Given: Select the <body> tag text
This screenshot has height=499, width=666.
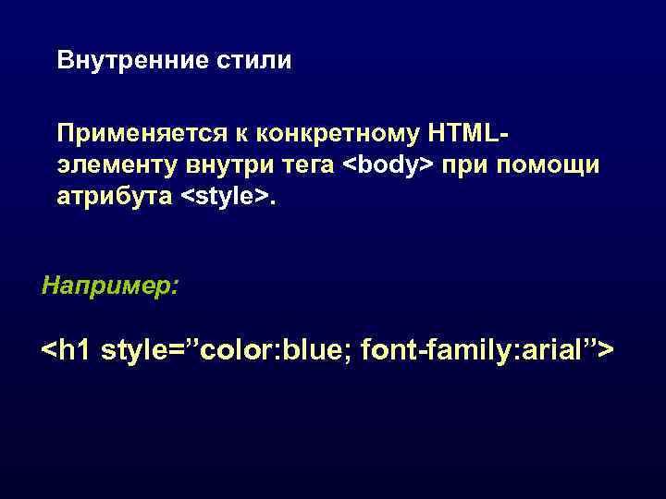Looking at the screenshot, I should coord(388,166).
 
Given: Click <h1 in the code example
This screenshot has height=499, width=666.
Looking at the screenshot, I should coord(67,351).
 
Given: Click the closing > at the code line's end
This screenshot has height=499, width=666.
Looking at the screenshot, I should coord(606,351).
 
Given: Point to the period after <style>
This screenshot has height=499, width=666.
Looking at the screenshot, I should coord(272,201).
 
